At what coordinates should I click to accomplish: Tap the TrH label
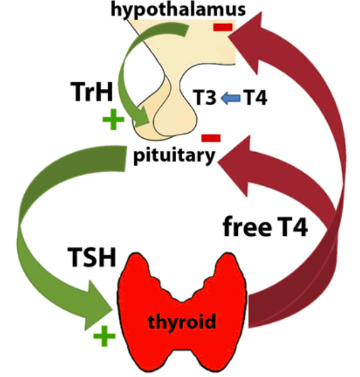(x=92, y=93)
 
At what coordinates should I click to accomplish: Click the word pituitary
(x=175, y=156)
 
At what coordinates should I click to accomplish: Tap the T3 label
(x=204, y=99)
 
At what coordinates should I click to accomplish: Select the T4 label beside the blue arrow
(x=255, y=99)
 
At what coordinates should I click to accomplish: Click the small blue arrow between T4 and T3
(x=229, y=99)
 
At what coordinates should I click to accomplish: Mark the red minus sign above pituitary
(x=211, y=137)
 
